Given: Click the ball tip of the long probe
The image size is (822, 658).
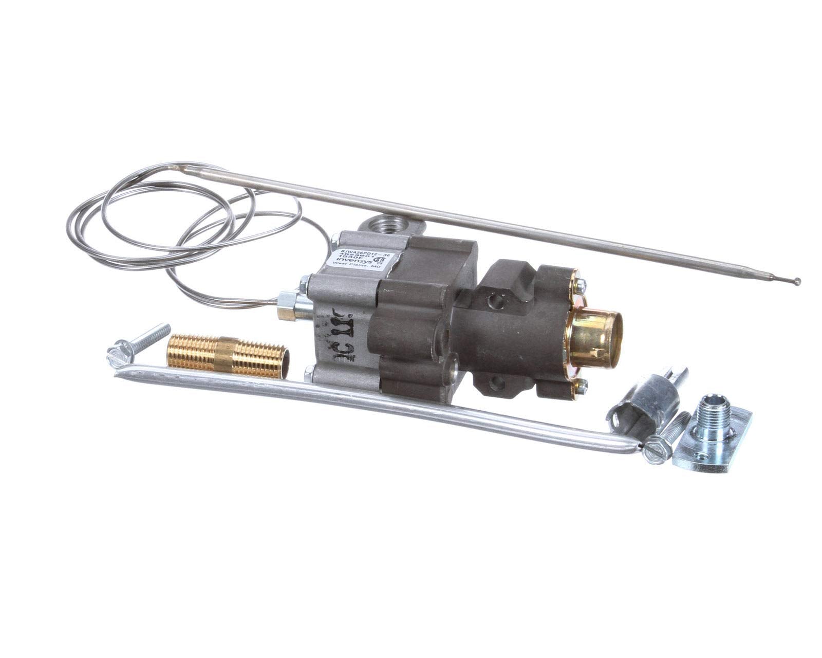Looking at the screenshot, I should pyautogui.click(x=797, y=281).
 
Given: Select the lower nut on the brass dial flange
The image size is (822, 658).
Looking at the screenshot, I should pyautogui.click(x=582, y=385).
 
